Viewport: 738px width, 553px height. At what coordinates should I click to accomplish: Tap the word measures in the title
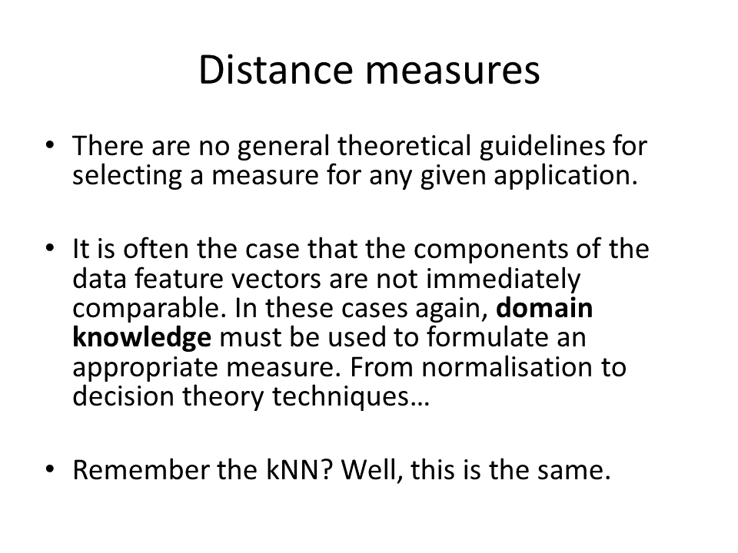click(x=453, y=73)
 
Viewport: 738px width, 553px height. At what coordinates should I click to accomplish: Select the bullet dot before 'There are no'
click(x=50, y=144)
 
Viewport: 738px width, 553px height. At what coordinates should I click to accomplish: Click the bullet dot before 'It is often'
click(x=50, y=248)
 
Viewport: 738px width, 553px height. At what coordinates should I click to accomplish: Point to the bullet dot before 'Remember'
click(x=50, y=469)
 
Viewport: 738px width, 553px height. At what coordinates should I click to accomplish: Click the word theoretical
click(x=404, y=145)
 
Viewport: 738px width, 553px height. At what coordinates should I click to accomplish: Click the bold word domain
click(x=544, y=308)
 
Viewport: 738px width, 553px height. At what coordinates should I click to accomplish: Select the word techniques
click(x=351, y=398)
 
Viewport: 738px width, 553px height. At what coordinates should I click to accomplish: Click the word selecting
click(x=127, y=177)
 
